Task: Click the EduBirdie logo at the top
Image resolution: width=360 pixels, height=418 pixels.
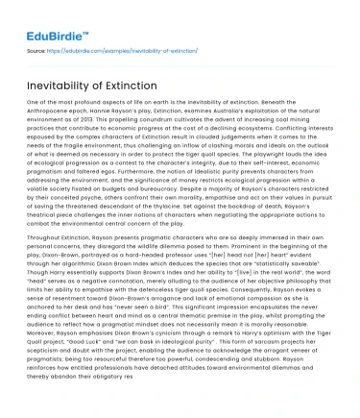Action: point(44,13)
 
